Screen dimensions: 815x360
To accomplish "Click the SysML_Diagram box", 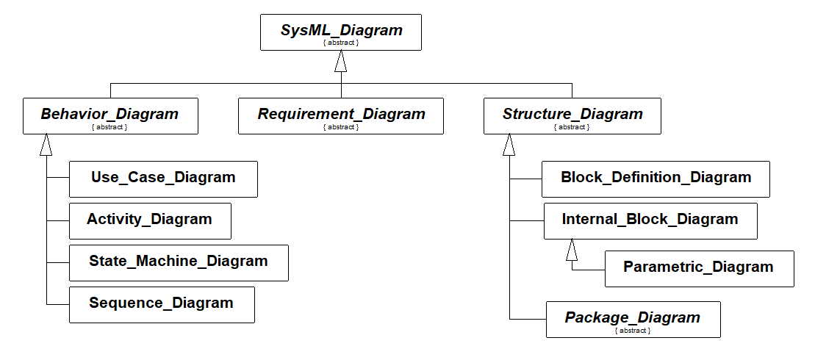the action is tap(340, 32).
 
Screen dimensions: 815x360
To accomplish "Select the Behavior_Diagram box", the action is tap(110, 116).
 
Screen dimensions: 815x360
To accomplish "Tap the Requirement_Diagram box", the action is tap(341, 116).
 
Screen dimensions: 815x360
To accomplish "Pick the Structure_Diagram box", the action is tap(572, 116).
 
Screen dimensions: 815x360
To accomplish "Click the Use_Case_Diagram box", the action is tap(163, 179).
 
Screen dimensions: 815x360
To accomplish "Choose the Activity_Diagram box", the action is tap(150, 221).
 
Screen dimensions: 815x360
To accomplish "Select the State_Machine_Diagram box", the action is tap(179, 263).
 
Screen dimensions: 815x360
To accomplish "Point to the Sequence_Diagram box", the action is tap(162, 305).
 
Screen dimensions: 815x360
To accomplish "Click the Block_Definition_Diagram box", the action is tap(656, 179).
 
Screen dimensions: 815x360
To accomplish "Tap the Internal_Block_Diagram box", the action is tap(650, 221).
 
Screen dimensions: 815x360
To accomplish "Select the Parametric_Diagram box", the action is tap(699, 269).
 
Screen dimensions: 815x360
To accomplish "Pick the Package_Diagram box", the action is tap(633, 320).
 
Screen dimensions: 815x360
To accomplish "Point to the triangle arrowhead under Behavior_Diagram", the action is tap(46, 145).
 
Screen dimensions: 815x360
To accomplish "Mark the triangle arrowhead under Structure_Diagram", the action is tap(509, 145).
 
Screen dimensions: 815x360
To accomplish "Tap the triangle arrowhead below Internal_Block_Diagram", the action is tap(572, 250).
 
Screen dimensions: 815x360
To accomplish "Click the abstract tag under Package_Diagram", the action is tap(632, 331).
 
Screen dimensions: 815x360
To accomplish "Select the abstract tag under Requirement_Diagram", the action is tap(340, 127).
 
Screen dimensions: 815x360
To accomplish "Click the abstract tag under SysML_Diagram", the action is tap(340, 43).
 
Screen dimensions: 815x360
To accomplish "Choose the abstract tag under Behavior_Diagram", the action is tap(109, 127).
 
